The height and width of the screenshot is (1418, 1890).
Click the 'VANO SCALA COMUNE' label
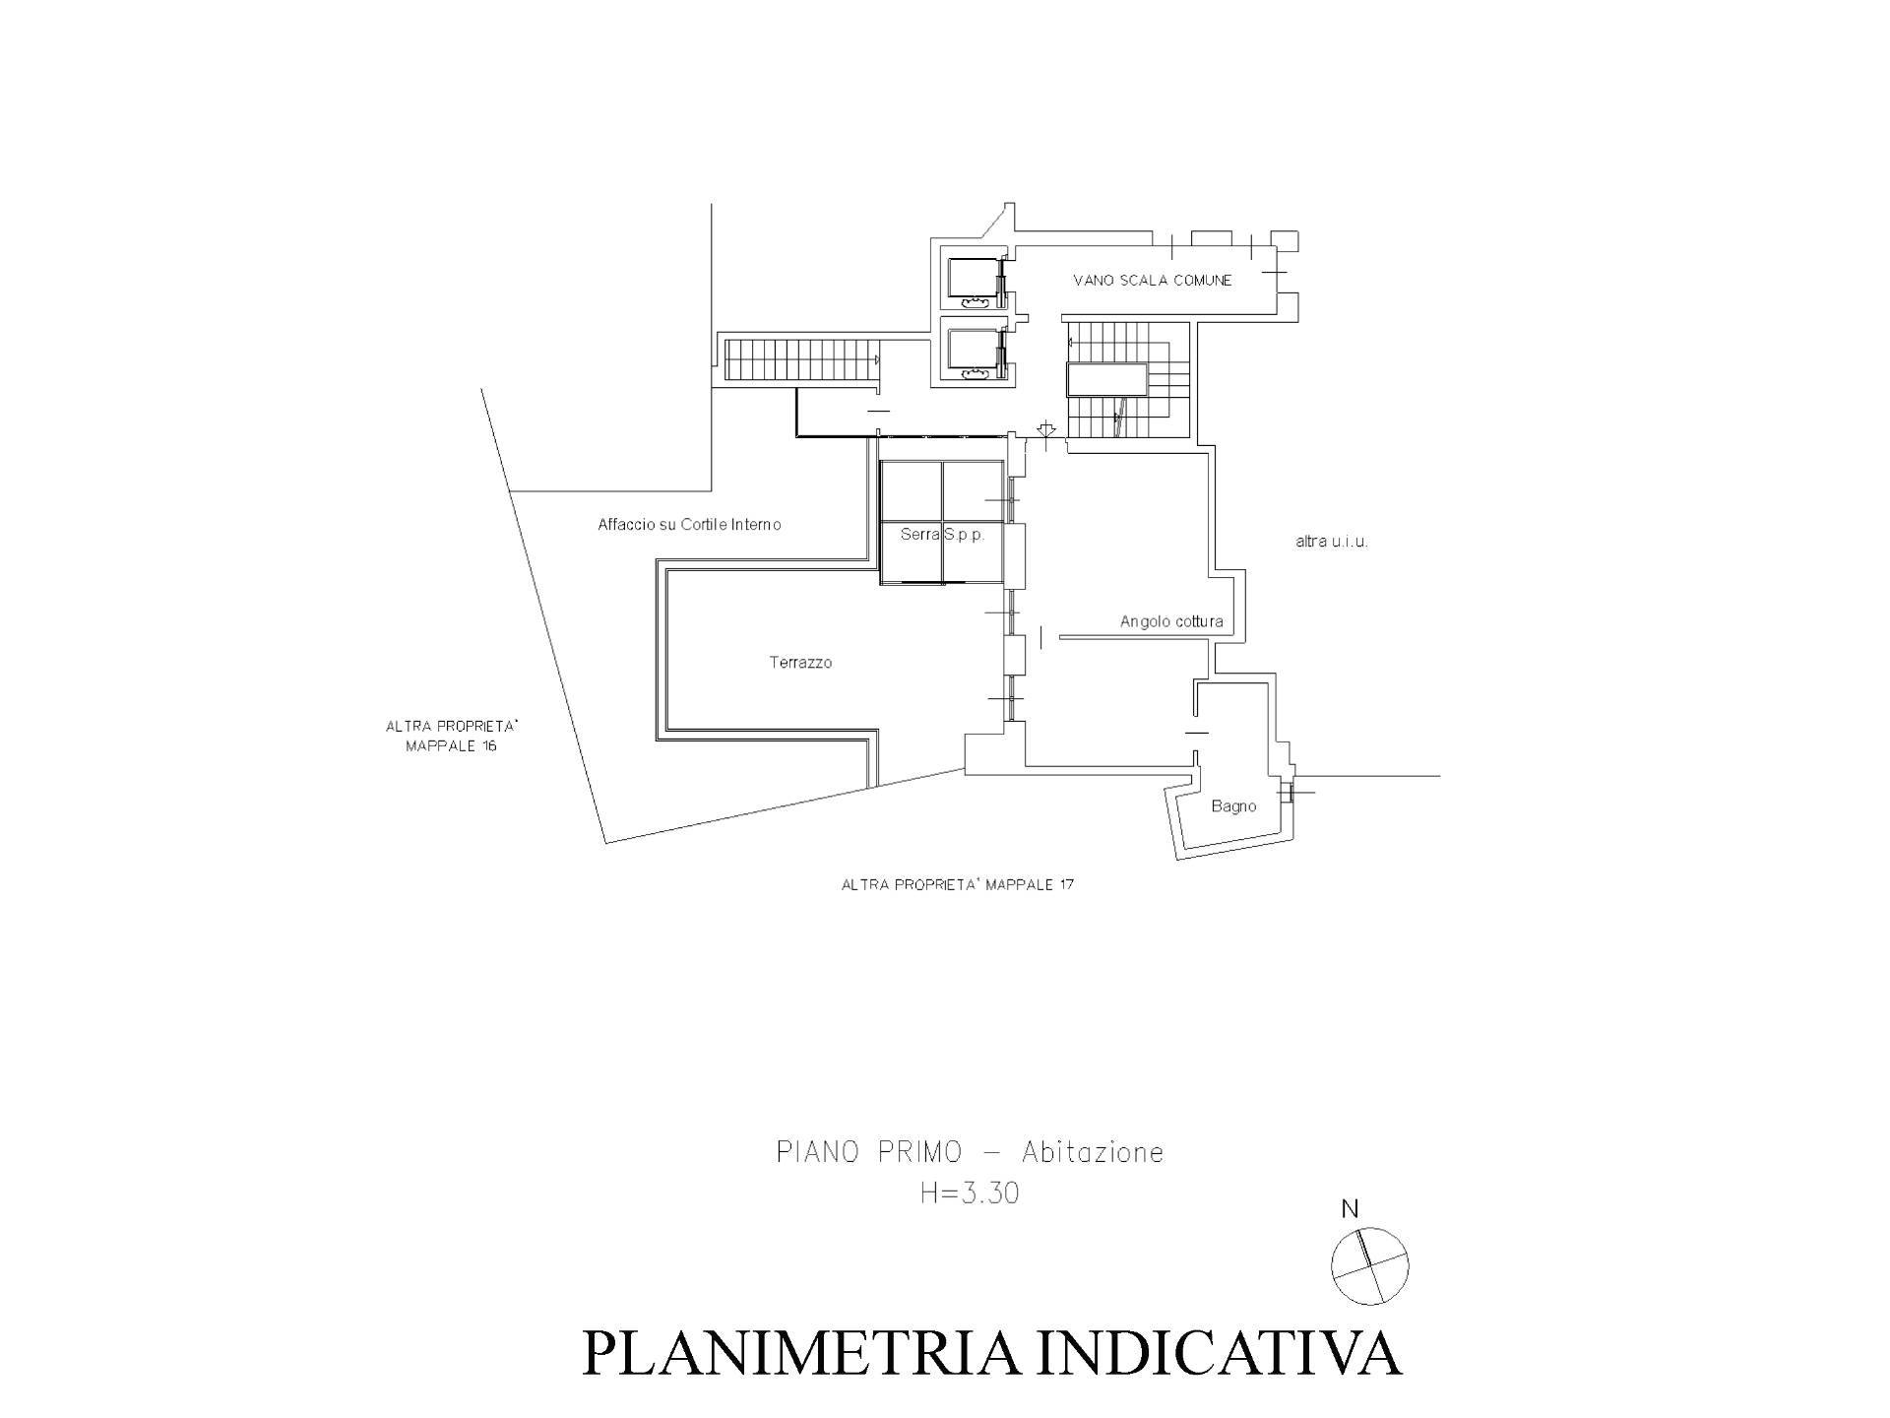(1152, 281)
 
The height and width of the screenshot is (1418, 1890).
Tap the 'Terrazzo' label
(800, 663)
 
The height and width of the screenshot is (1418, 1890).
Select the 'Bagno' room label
(1233, 806)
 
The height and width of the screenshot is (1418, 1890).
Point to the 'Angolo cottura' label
(1171, 621)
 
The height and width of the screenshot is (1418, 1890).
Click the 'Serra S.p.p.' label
(942, 535)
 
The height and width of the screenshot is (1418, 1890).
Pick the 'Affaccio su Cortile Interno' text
(689, 525)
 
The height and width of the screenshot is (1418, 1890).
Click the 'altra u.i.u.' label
(1332, 542)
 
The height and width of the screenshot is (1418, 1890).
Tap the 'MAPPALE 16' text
(452, 746)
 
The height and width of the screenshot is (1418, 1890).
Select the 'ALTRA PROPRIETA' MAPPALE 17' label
(957, 884)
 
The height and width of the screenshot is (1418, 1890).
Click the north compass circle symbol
(1369, 1266)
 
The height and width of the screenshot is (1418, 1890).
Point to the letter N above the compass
(1350, 1209)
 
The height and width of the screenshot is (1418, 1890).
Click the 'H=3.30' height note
(970, 1193)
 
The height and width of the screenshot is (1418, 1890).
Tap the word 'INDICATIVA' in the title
(1221, 1354)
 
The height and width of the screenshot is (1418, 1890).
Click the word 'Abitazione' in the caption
(1093, 1152)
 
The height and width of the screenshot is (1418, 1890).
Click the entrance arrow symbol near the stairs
(1045, 429)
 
